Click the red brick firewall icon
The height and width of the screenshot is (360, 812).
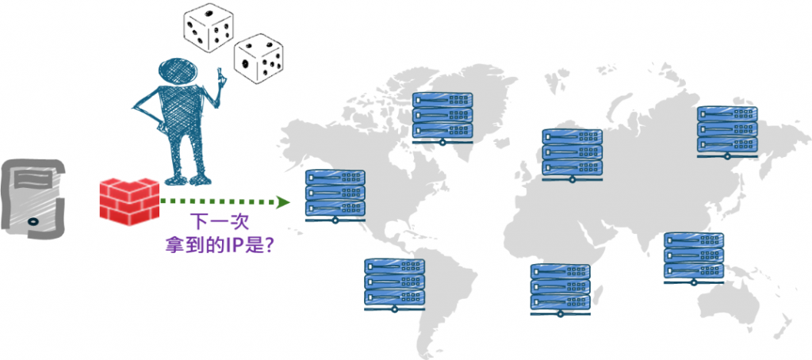click(129, 201)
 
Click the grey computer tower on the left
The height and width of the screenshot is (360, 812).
click(31, 197)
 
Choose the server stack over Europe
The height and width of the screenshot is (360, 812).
click(572, 154)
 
